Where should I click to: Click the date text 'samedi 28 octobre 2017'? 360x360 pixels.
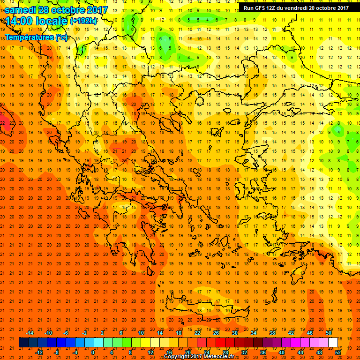coord(56,10)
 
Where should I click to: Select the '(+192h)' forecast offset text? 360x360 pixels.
coord(83,21)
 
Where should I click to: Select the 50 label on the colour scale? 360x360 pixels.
coord(329,333)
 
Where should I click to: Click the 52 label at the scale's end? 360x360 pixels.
coord(338,352)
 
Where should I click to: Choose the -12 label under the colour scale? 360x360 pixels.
coord(39,352)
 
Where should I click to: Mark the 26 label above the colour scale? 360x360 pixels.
coord(216,333)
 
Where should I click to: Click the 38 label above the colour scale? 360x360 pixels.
coord(272,333)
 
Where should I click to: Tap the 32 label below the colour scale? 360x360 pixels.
coord(244,352)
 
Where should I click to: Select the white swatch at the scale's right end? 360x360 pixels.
coord(333,343)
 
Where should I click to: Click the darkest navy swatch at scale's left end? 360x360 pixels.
coord(24,343)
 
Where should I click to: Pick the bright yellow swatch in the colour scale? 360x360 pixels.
coord(145,343)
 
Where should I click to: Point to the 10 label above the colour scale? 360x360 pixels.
coord(141,333)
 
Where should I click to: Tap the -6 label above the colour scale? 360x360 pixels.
coord(67,333)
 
